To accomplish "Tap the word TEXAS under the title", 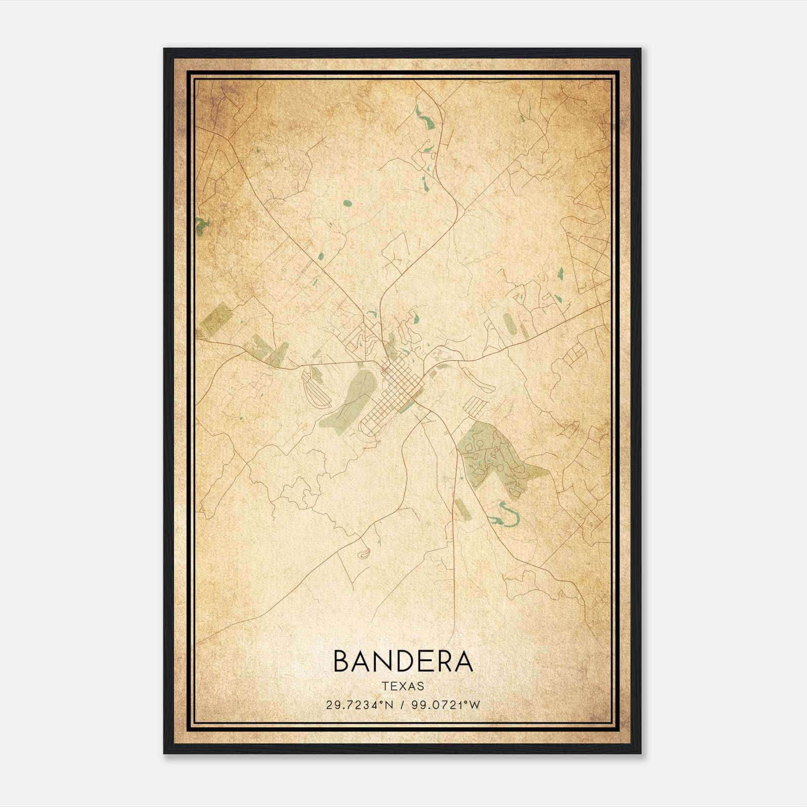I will (403, 686).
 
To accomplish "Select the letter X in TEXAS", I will (403, 686).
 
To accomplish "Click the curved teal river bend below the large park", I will (504, 517).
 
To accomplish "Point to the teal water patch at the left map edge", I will (201, 226).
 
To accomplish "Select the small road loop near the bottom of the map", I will (363, 554).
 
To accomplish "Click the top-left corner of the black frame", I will (165, 49).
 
